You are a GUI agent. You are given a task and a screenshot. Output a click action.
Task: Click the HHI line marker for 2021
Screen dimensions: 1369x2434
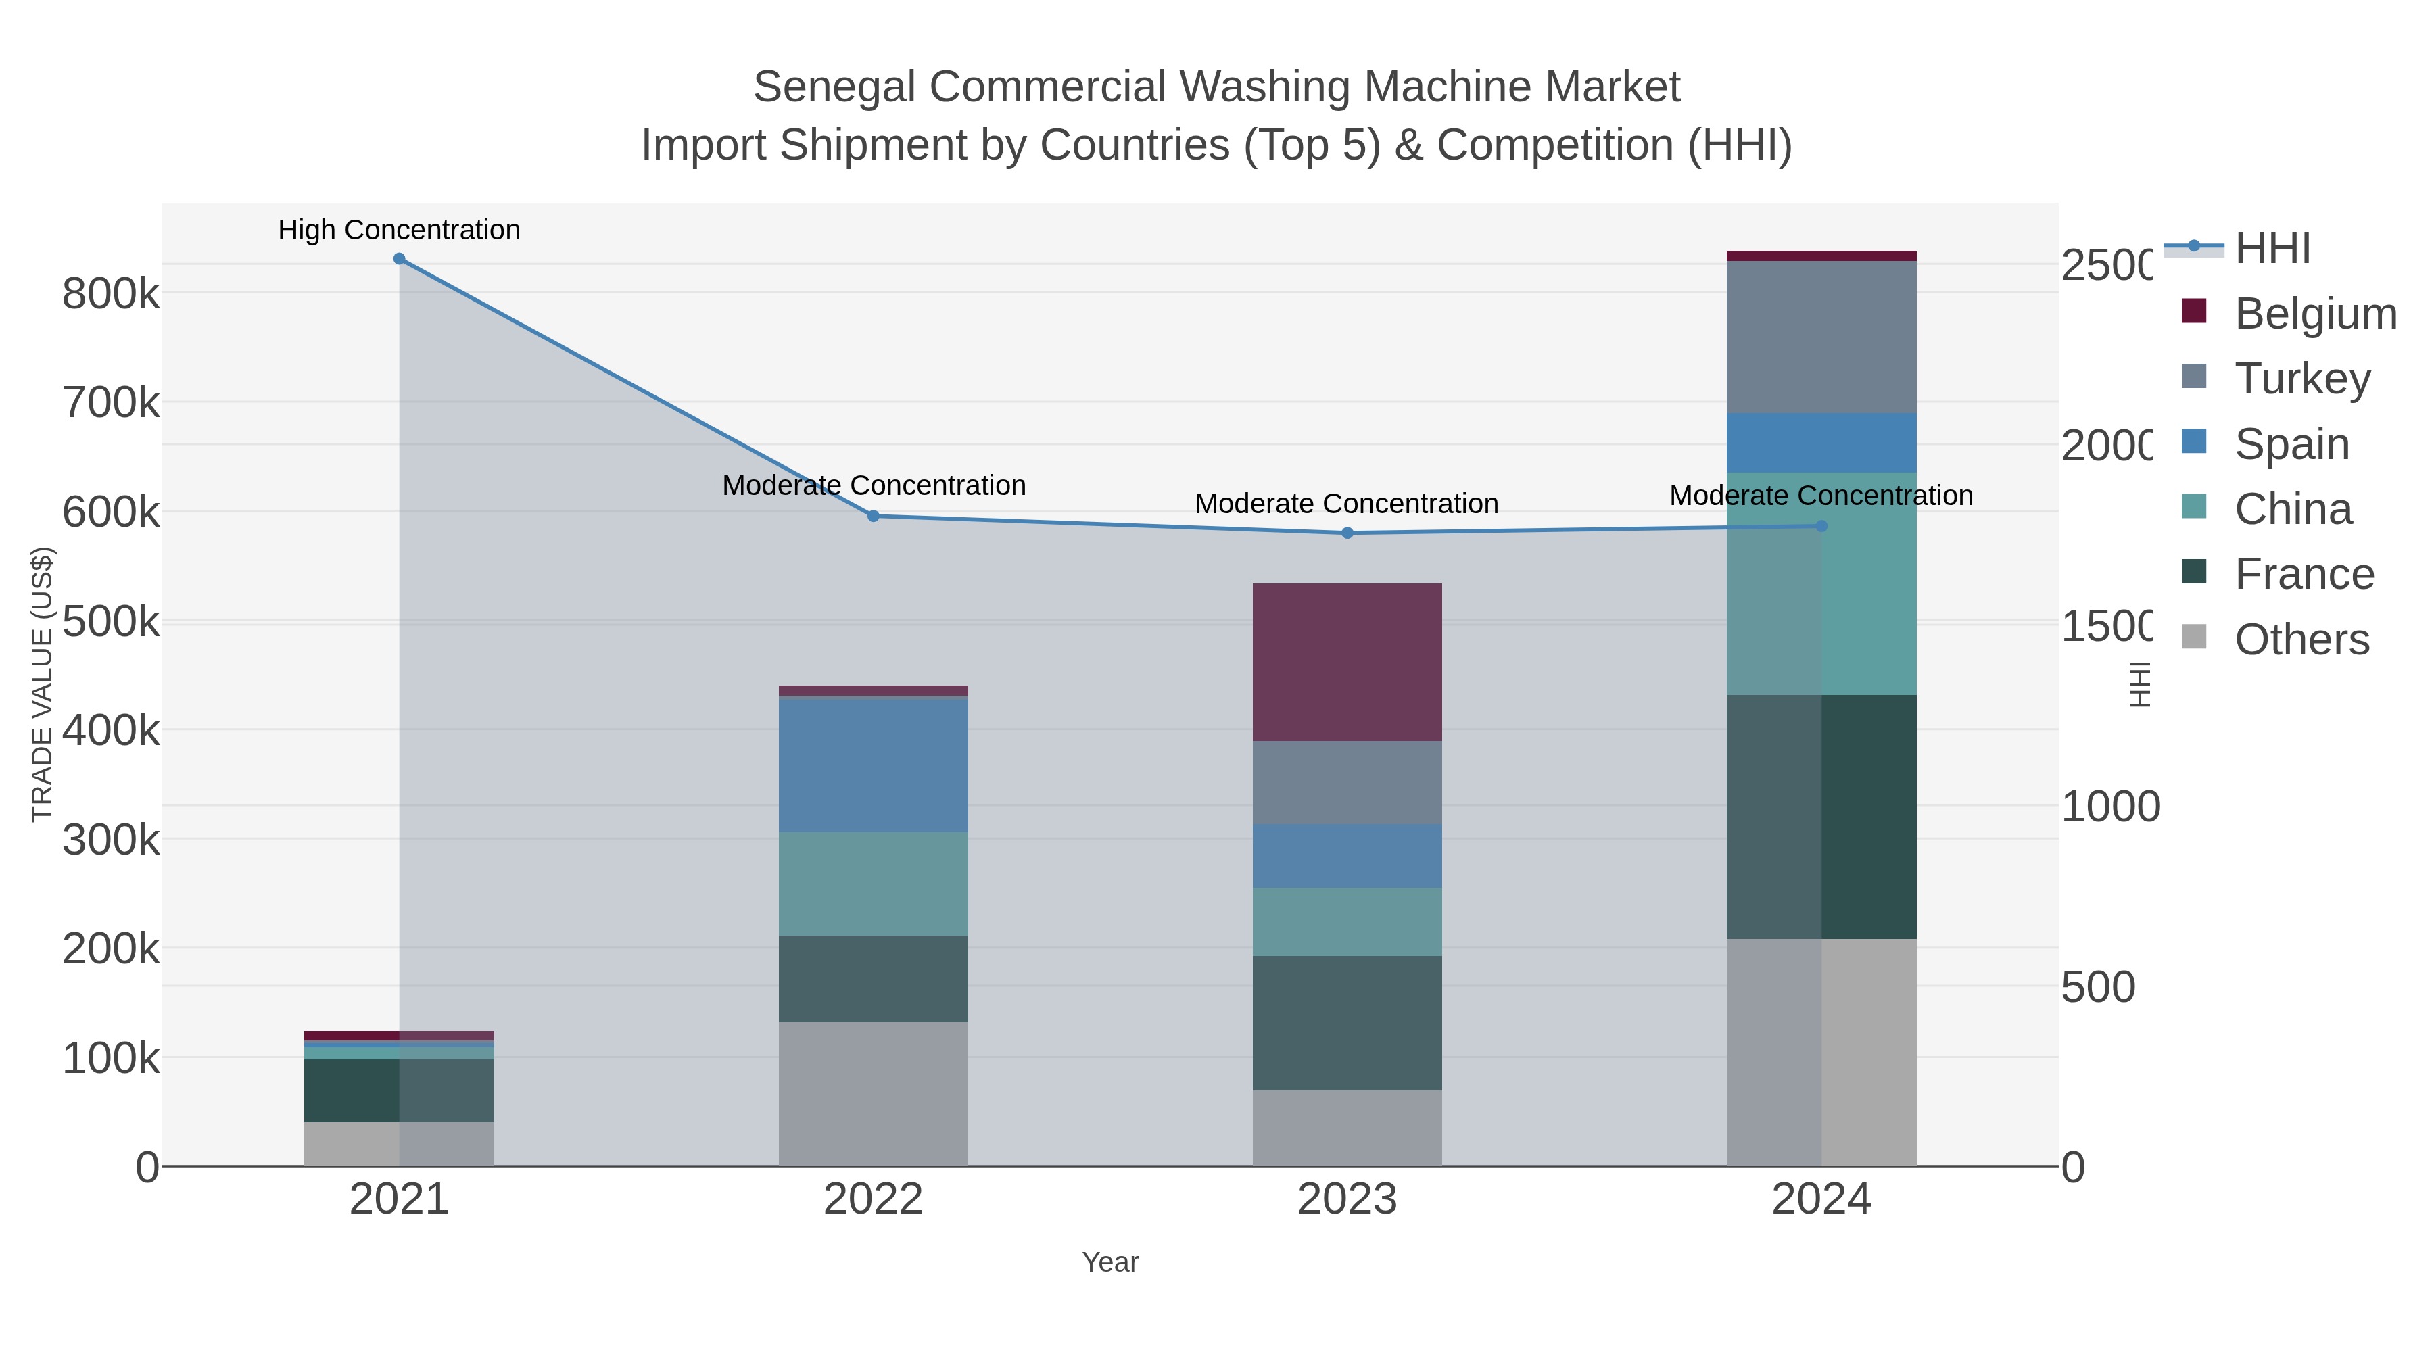pyautogui.click(x=399, y=259)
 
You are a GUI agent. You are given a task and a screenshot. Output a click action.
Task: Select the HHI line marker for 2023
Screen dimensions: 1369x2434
pyautogui.click(x=1347, y=533)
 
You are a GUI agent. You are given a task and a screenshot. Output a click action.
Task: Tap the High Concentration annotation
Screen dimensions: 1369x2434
pyautogui.click(x=399, y=230)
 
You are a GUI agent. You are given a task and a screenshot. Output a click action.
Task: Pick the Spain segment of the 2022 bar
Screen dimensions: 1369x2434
pyautogui.click(x=873, y=765)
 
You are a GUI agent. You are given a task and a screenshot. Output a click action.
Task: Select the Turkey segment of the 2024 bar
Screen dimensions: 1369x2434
pyautogui.click(x=1821, y=337)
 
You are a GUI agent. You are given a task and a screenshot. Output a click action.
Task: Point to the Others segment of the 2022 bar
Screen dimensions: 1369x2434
pyautogui.click(x=873, y=1093)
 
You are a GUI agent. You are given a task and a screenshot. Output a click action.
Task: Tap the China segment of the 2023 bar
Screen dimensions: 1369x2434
pyautogui.click(x=1347, y=921)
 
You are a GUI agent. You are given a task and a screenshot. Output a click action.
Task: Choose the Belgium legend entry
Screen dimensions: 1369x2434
pyautogui.click(x=2315, y=313)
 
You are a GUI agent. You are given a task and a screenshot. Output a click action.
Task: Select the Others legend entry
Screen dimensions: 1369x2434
pyautogui.click(x=2301, y=640)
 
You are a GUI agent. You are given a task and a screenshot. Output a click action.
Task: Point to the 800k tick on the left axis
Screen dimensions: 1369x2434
pyautogui.click(x=111, y=294)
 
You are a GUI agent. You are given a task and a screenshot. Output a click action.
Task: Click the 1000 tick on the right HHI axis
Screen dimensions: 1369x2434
pyautogui.click(x=2109, y=807)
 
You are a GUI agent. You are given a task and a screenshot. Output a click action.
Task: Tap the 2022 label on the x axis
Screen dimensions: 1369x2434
pyautogui.click(x=873, y=1200)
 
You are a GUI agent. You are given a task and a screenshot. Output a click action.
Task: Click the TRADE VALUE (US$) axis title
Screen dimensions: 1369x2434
pyautogui.click(x=43, y=684)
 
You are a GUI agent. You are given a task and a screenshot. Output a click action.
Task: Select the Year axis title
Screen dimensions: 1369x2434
pyautogui.click(x=1110, y=1262)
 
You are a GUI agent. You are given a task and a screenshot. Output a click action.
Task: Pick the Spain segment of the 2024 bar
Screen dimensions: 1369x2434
pyautogui.click(x=1821, y=442)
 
